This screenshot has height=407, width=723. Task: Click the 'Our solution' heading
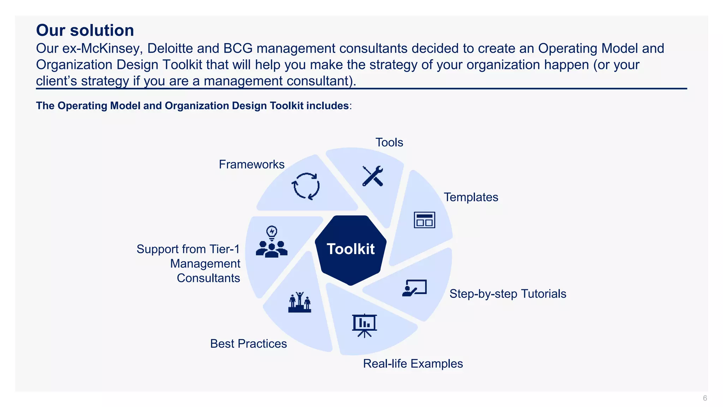85,30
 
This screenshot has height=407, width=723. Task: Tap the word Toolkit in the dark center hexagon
351,249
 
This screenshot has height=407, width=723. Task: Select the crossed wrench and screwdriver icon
373,176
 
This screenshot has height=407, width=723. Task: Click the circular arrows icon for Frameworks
306,186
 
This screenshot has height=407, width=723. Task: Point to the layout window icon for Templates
424,220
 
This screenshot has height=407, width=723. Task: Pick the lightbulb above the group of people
272,232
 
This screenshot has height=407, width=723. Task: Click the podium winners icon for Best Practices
300,302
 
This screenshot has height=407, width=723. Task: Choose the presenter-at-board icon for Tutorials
415,288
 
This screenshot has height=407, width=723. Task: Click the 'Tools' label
389,142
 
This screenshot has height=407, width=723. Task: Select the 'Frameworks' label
251,164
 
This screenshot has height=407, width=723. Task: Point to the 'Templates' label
471,197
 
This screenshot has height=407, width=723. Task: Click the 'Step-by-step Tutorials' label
508,294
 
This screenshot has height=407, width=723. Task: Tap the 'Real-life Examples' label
413,364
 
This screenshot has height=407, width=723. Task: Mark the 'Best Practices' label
248,343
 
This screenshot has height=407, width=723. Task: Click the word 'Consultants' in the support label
208,278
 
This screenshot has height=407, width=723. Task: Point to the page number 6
705,398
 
